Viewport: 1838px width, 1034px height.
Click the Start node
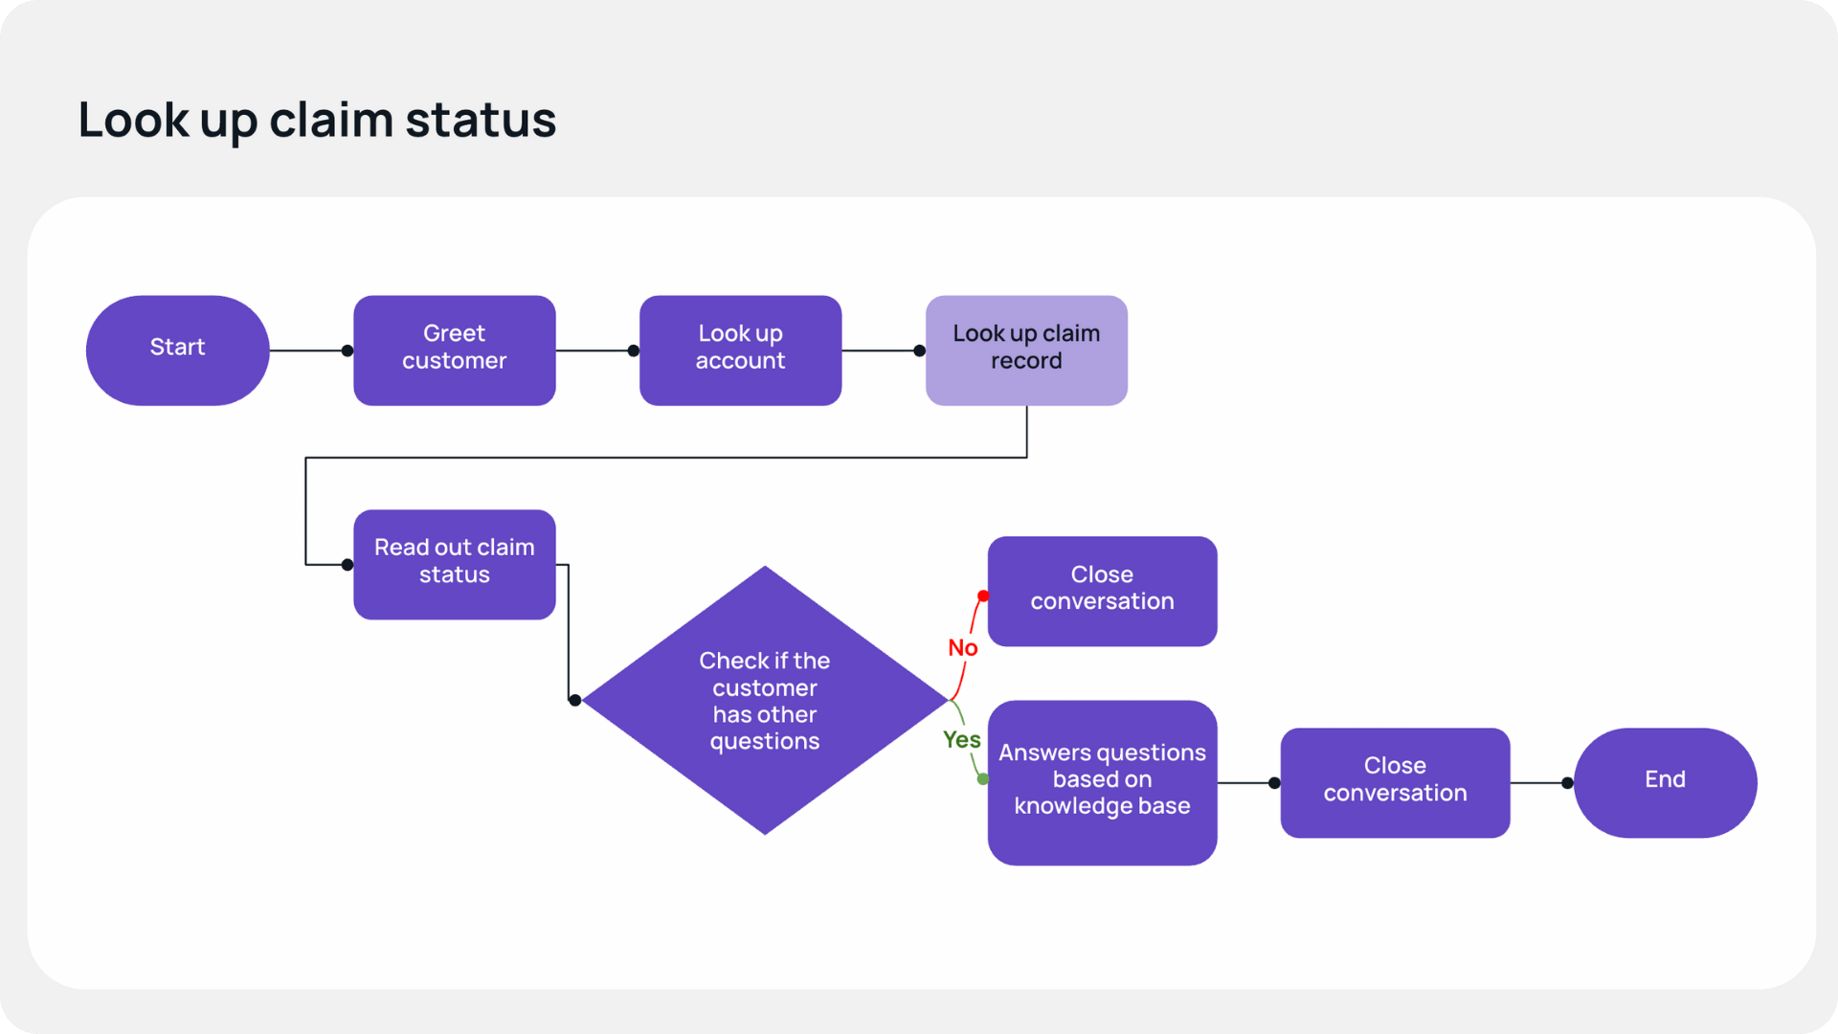177,349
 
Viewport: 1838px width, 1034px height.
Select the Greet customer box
454,349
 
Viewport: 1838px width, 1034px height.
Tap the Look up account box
740,349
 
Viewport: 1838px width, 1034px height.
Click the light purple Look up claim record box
1026,349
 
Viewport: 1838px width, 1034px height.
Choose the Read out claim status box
454,564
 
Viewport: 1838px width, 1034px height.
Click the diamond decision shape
764,700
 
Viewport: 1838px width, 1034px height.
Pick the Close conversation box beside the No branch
1102,591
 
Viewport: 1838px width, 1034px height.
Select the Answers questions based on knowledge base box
1102,782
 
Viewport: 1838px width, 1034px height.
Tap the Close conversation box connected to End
1395,782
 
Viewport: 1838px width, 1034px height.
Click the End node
1665,782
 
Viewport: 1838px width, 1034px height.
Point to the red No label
962,648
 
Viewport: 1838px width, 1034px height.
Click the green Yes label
961,739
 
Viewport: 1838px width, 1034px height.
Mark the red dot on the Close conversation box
983,596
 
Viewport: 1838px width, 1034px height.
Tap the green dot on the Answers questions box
983,779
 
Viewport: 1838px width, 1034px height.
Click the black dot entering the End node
1567,783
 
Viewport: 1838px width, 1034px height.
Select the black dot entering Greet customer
347,350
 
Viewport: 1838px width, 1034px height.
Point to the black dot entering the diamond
574,701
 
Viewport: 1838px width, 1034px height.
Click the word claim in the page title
331,121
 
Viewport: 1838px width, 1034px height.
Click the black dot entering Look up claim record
920,350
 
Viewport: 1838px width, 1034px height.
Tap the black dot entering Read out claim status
347,565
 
